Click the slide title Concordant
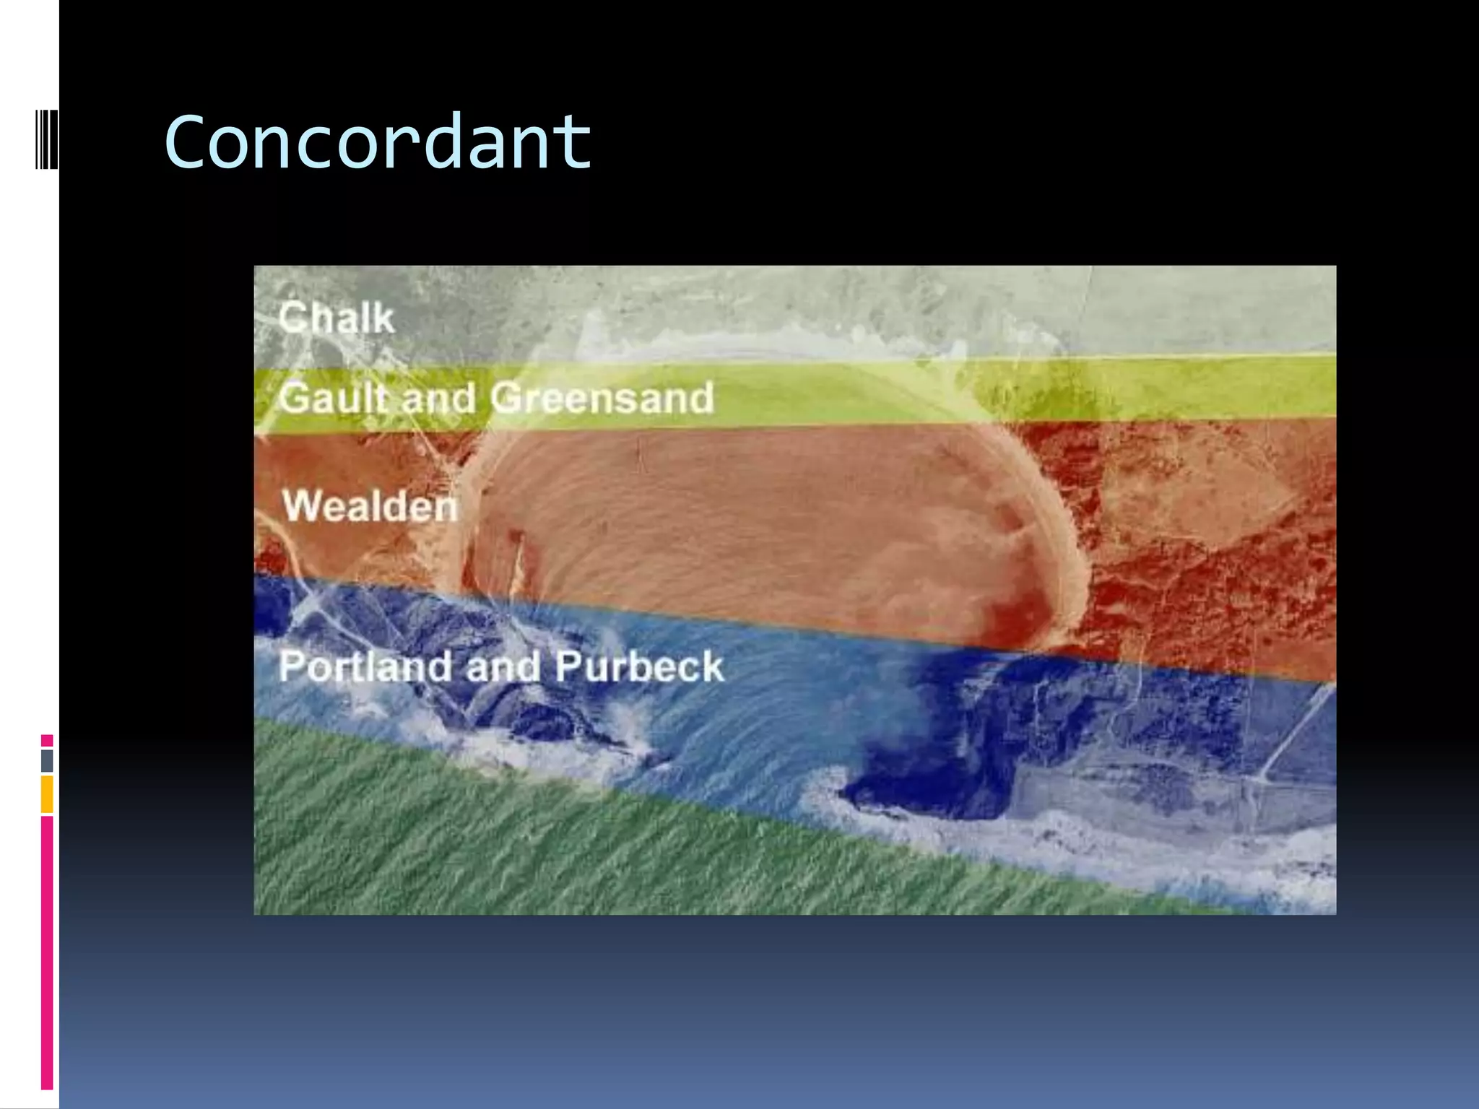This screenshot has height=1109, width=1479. (x=378, y=142)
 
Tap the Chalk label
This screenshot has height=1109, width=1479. (x=337, y=318)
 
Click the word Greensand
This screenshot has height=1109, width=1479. (x=602, y=398)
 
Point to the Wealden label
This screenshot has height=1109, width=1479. (x=370, y=505)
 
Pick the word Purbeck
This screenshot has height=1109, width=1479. (x=639, y=666)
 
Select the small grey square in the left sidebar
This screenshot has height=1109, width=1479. (x=47, y=760)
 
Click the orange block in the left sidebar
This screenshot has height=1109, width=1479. (x=47, y=794)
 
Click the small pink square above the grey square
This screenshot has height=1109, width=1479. (x=47, y=741)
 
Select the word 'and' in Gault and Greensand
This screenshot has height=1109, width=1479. (x=438, y=399)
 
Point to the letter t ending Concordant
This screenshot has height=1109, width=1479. (x=575, y=142)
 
